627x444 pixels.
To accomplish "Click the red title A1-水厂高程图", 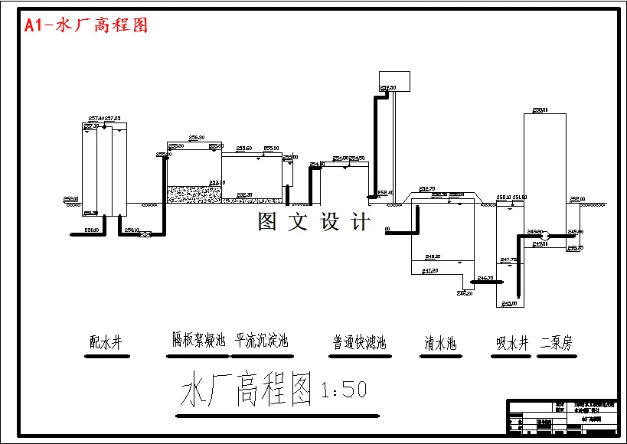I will click(86, 25).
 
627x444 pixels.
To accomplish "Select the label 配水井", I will click(106, 343).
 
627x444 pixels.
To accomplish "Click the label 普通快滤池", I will click(359, 343).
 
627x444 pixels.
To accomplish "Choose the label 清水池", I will click(440, 344).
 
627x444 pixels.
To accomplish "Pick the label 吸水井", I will click(512, 344).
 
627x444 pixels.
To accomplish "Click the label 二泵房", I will click(556, 344).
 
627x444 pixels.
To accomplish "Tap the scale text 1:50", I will click(345, 390).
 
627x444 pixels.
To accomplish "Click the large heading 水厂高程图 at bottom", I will click(247, 390).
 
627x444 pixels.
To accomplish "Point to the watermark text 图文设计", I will click(314, 222).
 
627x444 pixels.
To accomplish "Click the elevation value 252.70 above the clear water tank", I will click(427, 188).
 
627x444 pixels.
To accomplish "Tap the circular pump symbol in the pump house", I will click(547, 234).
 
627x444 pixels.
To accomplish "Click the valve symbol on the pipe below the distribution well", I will click(144, 234).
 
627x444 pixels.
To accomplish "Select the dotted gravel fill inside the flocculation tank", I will click(194, 194).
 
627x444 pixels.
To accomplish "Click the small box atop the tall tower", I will click(395, 80).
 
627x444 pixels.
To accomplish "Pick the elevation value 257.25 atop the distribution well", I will click(113, 119).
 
